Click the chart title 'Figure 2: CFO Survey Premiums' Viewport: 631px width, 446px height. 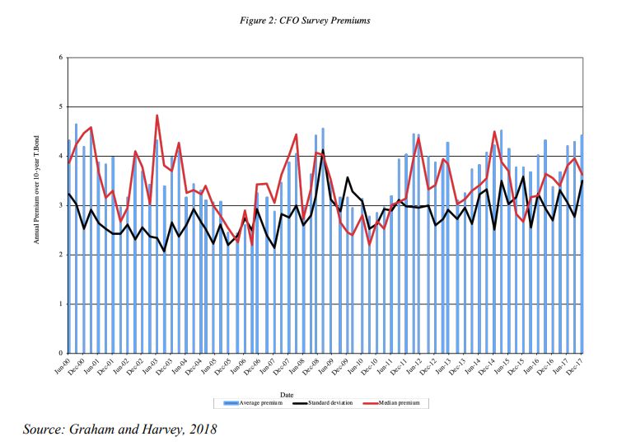pos(315,20)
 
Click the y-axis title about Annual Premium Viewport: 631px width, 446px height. pos(38,205)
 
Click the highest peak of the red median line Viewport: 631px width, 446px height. pos(157,115)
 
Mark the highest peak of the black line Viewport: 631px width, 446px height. pos(322,150)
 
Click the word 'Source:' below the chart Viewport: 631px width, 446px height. pos(49,429)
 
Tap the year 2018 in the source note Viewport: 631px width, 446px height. pos(202,429)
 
